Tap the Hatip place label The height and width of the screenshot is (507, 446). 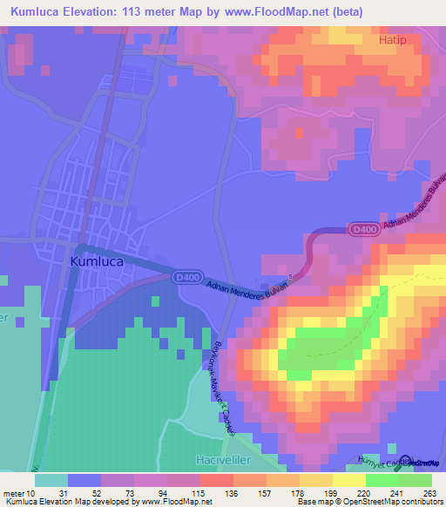(393, 40)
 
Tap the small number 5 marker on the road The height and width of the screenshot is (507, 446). (291, 278)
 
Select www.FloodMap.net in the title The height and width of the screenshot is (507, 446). (265, 11)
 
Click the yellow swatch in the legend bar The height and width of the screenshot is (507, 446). (348, 480)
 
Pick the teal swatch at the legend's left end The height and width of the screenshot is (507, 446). (51, 480)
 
